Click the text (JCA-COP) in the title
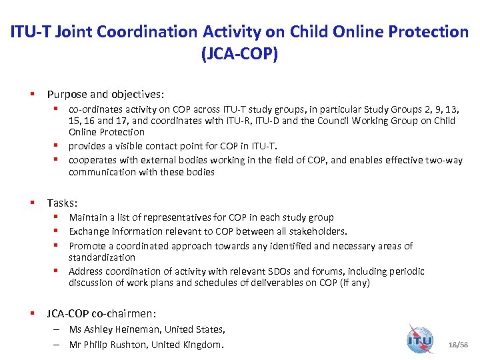tap(239, 54)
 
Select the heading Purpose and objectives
tap(105, 95)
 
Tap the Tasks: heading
tap(61, 203)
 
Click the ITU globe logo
tap(420, 339)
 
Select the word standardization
tap(102, 257)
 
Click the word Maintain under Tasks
tap(88, 217)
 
